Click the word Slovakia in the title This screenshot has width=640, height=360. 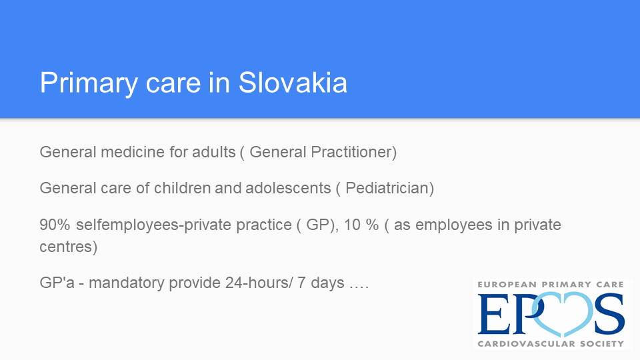[x=293, y=83]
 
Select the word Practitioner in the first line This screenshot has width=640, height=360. [x=353, y=152]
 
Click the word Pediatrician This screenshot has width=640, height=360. [x=389, y=188]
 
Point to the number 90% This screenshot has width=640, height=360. [x=55, y=225]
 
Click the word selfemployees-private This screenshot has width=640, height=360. [x=184, y=225]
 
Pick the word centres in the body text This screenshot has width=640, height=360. [x=68, y=247]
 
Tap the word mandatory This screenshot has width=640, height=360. [x=127, y=283]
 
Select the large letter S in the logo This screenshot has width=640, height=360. [x=609, y=313]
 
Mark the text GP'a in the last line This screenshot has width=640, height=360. [x=57, y=283]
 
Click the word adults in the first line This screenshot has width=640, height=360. [x=214, y=152]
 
